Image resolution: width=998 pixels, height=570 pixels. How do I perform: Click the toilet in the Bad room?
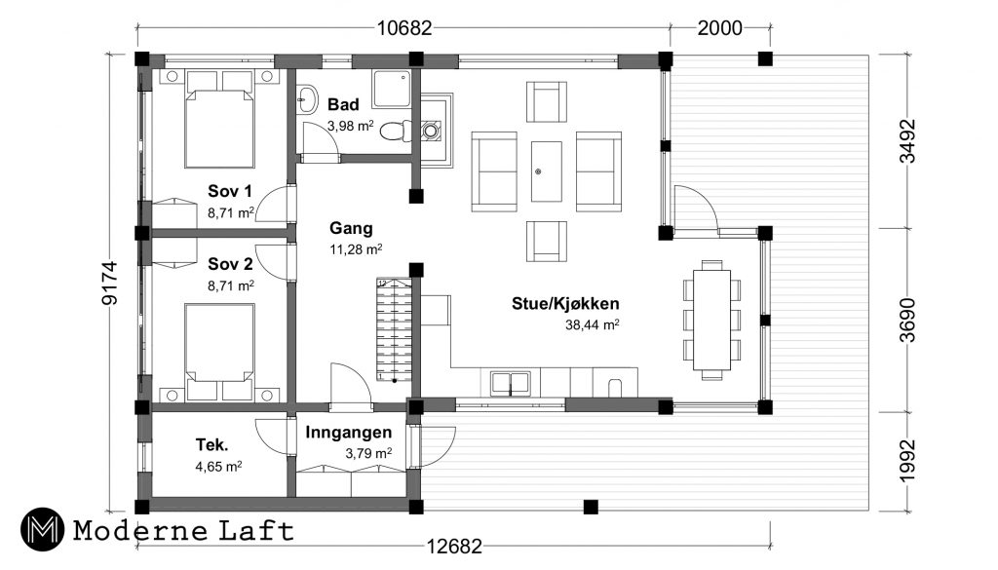(396, 131)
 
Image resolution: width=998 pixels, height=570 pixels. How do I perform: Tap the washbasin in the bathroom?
(307, 99)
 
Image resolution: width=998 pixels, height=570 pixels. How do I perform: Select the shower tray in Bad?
(392, 89)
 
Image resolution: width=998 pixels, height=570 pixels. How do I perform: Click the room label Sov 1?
(230, 191)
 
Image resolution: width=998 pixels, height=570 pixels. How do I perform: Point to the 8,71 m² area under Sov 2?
(230, 285)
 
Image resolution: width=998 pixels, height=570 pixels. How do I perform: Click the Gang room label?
(351, 228)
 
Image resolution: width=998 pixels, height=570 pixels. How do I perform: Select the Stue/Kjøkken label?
(565, 303)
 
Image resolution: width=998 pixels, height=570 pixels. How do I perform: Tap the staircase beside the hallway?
(394, 329)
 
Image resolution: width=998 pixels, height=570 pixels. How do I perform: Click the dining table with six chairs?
(711, 320)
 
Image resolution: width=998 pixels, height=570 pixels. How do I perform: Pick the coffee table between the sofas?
(547, 171)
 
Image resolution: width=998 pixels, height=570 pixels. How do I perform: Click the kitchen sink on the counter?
(510, 383)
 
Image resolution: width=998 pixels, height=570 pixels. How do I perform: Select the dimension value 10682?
(404, 28)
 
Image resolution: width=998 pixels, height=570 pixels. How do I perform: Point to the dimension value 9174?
(110, 284)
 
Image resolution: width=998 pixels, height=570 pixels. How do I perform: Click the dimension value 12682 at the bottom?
(454, 547)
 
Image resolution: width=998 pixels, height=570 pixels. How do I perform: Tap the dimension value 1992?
(908, 460)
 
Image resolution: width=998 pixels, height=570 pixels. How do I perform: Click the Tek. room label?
(211, 444)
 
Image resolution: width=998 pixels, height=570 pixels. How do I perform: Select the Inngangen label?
(348, 433)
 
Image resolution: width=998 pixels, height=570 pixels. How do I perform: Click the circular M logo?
(42, 529)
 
